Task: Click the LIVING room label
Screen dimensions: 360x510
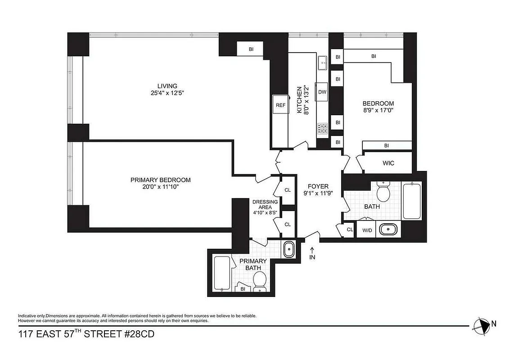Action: pyautogui.click(x=167, y=86)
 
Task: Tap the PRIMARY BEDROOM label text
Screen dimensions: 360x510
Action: pyautogui.click(x=160, y=180)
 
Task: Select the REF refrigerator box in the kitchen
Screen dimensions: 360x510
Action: pyautogui.click(x=280, y=105)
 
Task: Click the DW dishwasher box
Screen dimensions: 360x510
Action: pyautogui.click(x=322, y=92)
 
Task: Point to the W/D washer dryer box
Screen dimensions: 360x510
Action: pyautogui.click(x=367, y=230)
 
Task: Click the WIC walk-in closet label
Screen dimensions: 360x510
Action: pyautogui.click(x=388, y=163)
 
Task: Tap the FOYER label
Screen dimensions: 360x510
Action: pyautogui.click(x=318, y=186)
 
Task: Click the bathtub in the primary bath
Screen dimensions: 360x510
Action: pyautogui.click(x=221, y=273)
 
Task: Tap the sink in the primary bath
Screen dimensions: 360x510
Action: pyautogui.click(x=288, y=249)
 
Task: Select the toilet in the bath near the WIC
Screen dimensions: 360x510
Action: pyautogui.click(x=383, y=193)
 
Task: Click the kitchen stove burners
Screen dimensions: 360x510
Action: pyautogui.click(x=322, y=129)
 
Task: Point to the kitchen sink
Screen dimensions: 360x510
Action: pyautogui.click(x=323, y=64)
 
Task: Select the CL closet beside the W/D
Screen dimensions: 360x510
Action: pyautogui.click(x=349, y=229)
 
